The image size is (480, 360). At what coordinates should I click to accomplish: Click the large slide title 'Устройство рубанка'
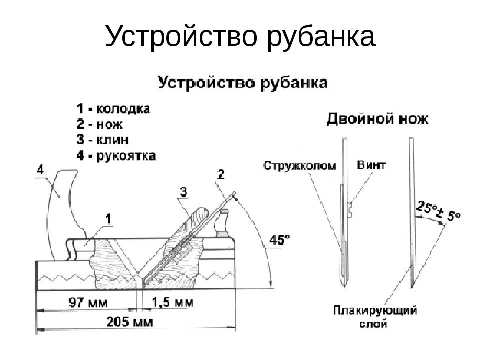(x=240, y=37)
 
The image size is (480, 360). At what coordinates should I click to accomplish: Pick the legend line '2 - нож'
(x=100, y=124)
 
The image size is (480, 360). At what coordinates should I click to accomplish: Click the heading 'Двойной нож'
(x=377, y=119)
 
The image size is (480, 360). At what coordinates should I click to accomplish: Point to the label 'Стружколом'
(x=299, y=165)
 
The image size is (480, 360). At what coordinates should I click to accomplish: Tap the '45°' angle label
(x=280, y=240)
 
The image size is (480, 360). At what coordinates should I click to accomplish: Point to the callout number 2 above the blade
(x=221, y=174)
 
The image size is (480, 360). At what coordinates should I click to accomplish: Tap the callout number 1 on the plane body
(x=108, y=218)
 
